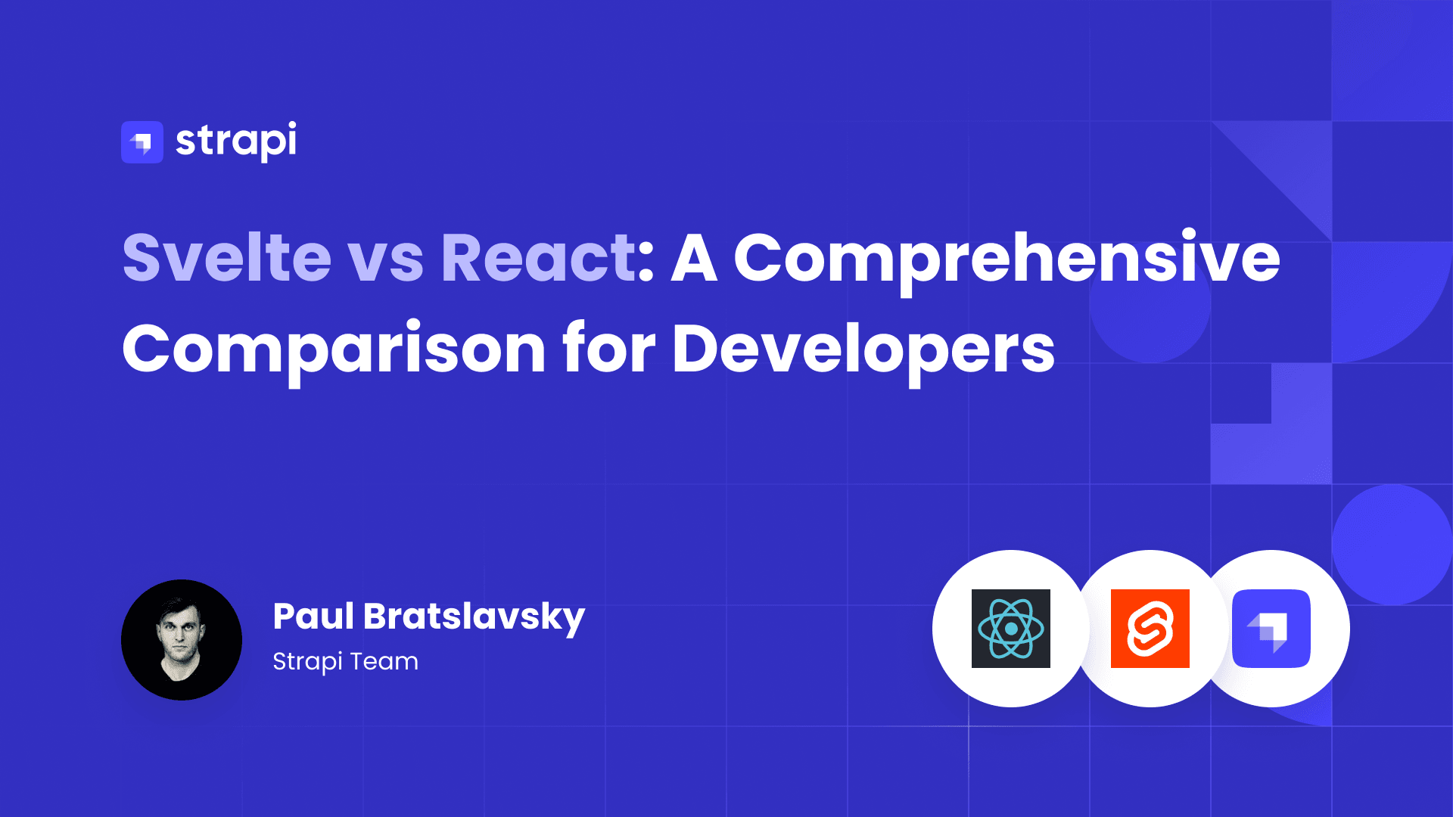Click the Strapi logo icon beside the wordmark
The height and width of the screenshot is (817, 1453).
coord(142,142)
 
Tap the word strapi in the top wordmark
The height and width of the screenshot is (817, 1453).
coord(236,141)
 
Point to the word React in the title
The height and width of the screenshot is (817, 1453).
coord(538,258)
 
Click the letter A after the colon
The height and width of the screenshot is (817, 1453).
coord(695,258)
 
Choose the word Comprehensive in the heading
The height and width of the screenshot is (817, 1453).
coord(1007,262)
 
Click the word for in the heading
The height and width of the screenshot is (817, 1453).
coord(609,347)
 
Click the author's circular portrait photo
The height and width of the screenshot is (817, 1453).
coord(182,640)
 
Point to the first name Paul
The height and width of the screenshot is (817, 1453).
coord(313,616)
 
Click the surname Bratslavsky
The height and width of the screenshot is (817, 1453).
coord(474,619)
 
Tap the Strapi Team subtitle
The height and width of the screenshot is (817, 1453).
coord(345,662)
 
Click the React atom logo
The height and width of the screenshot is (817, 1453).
coord(1011,629)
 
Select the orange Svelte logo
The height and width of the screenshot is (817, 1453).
coord(1150,629)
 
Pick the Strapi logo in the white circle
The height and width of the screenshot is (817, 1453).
coord(1271,629)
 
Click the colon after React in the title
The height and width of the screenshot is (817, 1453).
coord(646,262)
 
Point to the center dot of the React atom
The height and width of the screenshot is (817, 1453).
coord(1011,629)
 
